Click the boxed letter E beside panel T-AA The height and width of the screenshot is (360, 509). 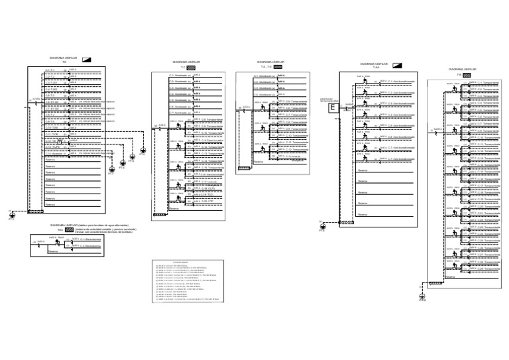(x=331, y=104)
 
